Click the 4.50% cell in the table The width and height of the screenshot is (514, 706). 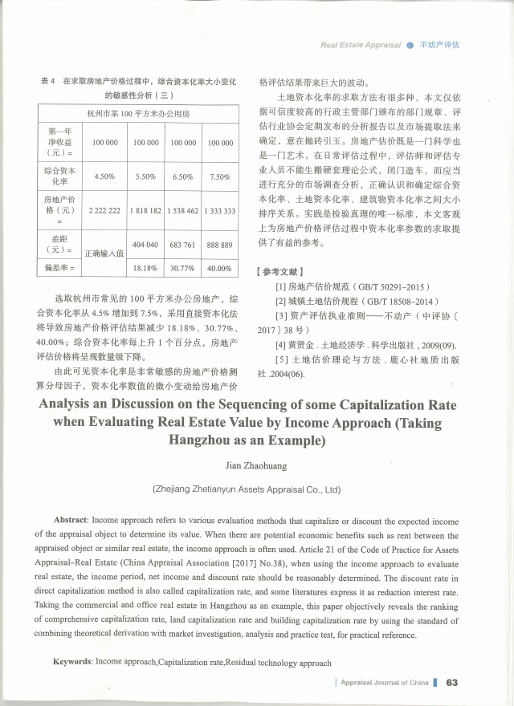point(105,176)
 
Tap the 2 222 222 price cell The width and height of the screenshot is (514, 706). point(105,210)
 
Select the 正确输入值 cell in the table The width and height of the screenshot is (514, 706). point(104,252)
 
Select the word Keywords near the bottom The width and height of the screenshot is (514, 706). point(71,663)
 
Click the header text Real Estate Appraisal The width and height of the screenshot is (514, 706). point(361,45)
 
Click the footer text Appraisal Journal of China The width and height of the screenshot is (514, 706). point(384,683)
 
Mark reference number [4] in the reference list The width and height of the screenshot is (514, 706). point(280,345)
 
